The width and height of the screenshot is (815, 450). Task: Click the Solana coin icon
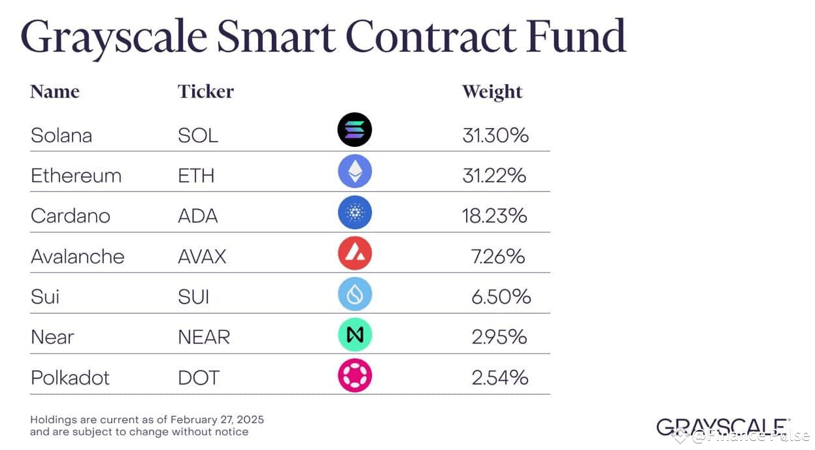[354, 130]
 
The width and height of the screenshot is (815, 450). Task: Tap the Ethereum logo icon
[355, 171]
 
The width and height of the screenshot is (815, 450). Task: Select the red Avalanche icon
[355, 253]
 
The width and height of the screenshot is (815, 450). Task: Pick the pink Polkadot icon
[355, 376]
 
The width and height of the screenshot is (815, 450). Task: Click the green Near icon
[355, 335]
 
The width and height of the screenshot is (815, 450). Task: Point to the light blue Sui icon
[355, 294]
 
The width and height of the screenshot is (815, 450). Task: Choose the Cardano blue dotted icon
[355, 212]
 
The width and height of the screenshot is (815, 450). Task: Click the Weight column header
[492, 91]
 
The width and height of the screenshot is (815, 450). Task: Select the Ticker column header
[206, 91]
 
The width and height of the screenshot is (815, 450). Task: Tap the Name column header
[55, 91]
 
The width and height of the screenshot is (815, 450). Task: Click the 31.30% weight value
[495, 135]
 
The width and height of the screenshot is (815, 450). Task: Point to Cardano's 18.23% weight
[495, 216]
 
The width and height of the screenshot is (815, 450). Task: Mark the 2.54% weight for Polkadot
[500, 378]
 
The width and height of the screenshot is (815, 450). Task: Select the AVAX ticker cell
[202, 257]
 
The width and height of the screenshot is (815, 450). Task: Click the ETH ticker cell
[196, 176]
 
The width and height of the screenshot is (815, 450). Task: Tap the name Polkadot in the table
[70, 378]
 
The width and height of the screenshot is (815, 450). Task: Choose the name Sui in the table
[45, 297]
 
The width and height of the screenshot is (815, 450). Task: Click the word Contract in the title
[431, 37]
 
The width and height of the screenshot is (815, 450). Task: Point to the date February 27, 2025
[217, 419]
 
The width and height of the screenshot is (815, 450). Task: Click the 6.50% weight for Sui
[501, 297]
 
